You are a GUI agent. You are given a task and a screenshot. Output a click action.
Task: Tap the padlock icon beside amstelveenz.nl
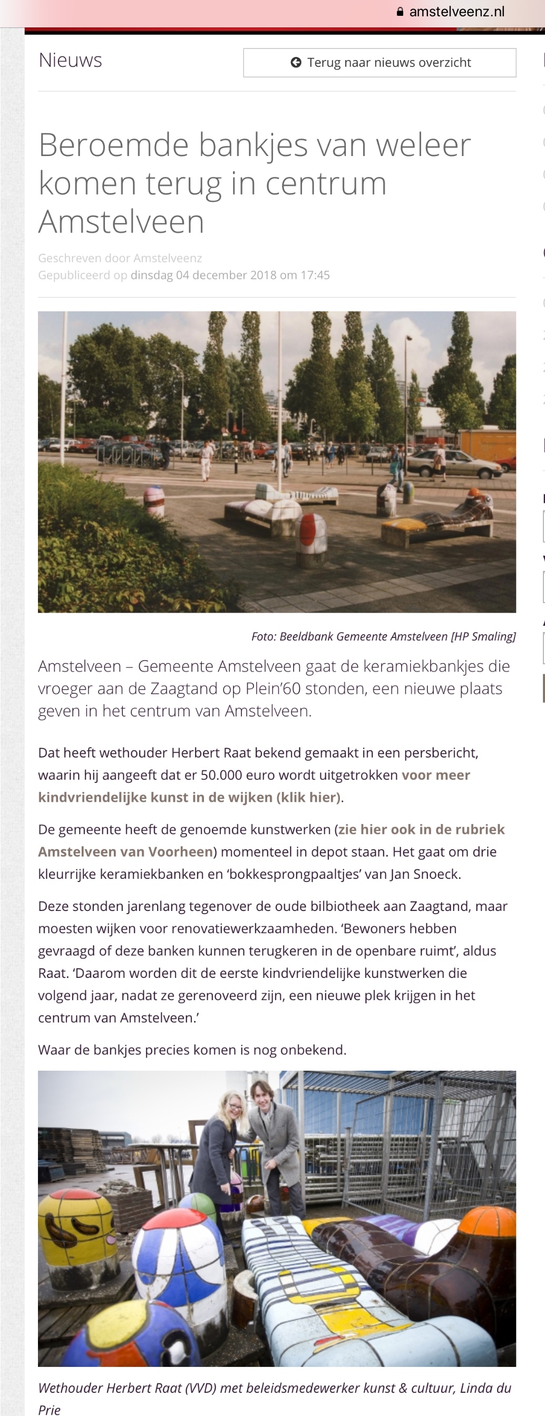pyautogui.click(x=400, y=12)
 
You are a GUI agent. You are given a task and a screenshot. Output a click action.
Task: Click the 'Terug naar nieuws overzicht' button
pyautogui.click(x=379, y=63)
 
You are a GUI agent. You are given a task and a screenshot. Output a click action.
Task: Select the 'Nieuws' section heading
pyautogui.click(x=70, y=61)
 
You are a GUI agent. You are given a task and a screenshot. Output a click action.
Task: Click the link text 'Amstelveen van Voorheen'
pyautogui.click(x=125, y=852)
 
